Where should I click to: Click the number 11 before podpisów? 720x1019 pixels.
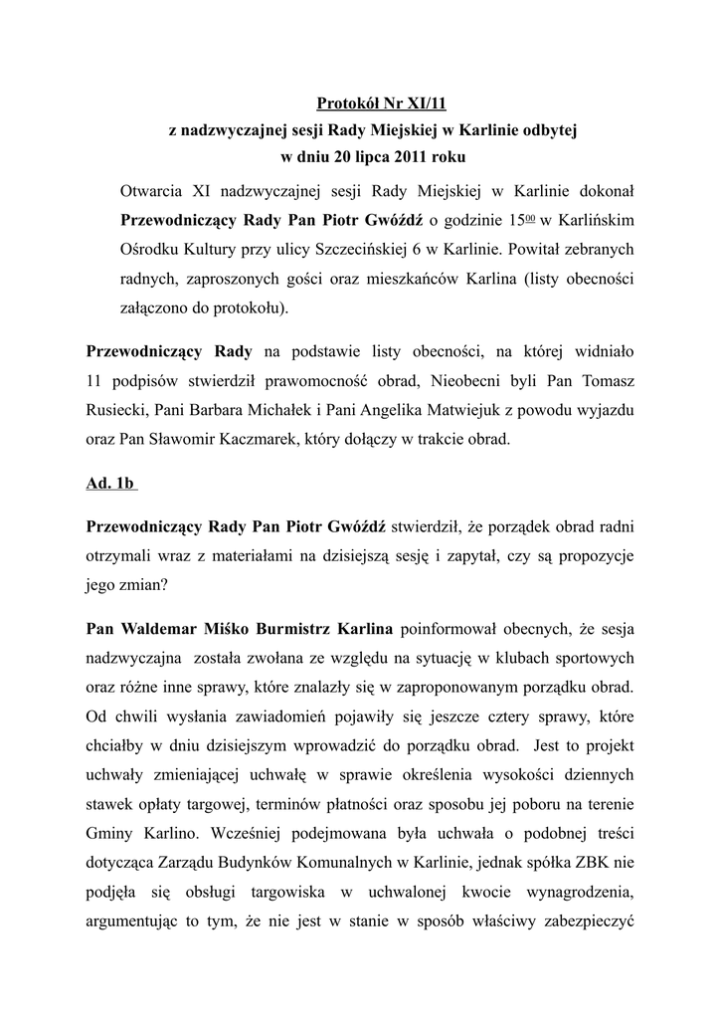tap(95, 379)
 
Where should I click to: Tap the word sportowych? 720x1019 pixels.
tap(587, 658)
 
